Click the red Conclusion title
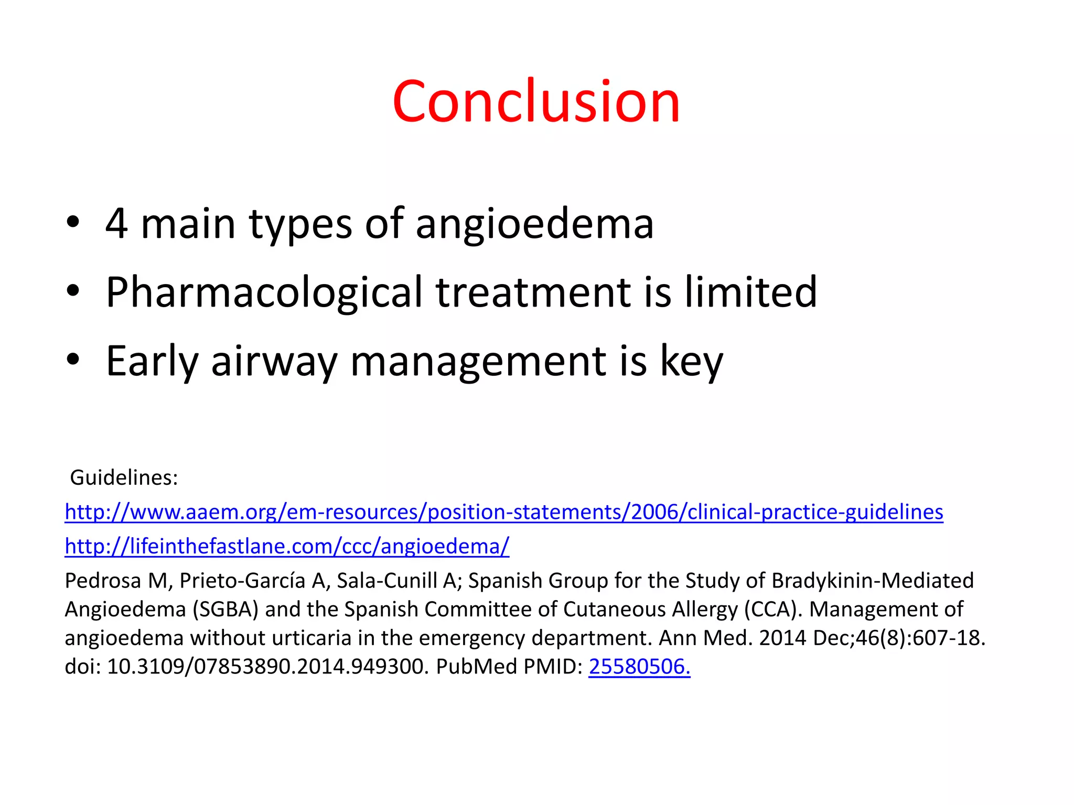(x=536, y=102)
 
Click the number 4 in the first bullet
(x=116, y=224)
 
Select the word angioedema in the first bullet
(x=534, y=225)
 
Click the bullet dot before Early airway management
(x=73, y=360)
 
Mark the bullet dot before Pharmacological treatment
(x=73, y=290)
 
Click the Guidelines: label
(x=124, y=477)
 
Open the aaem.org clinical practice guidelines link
(x=503, y=512)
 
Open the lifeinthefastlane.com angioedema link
(x=287, y=547)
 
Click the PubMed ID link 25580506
(x=639, y=667)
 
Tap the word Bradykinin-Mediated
(x=872, y=581)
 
